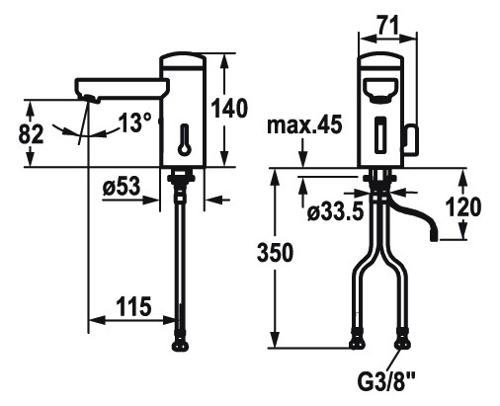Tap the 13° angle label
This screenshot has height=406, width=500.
[134, 123]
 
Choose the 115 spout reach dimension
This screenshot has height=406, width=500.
[131, 307]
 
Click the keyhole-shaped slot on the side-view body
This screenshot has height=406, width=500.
[183, 142]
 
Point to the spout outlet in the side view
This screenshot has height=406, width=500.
[90, 97]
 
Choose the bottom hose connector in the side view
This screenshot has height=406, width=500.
[182, 343]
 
